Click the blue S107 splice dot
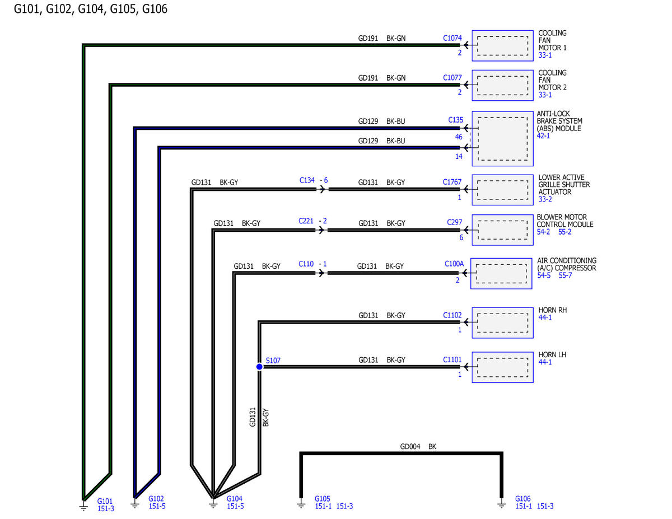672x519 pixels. [x=259, y=367]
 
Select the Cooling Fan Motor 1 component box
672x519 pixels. [x=502, y=46]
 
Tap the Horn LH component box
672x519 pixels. [x=502, y=367]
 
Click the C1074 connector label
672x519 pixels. [x=452, y=38]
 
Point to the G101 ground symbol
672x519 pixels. [x=83, y=506]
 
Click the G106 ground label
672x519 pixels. [x=522, y=499]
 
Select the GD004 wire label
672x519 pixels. [x=410, y=446]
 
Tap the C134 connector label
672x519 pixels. [x=307, y=180]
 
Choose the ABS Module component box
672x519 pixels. [x=502, y=138]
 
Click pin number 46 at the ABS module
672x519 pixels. [x=458, y=137]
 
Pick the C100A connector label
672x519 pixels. [x=454, y=264]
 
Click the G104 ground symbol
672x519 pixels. [x=213, y=505]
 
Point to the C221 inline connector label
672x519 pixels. [x=306, y=221]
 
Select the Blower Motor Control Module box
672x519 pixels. [x=502, y=230]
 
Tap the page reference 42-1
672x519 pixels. [x=543, y=135]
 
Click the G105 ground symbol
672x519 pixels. [x=301, y=505]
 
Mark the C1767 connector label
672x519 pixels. [x=452, y=182]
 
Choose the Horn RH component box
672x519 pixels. [x=502, y=322]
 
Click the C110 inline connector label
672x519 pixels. [x=306, y=264]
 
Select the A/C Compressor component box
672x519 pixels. [x=501, y=274]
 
